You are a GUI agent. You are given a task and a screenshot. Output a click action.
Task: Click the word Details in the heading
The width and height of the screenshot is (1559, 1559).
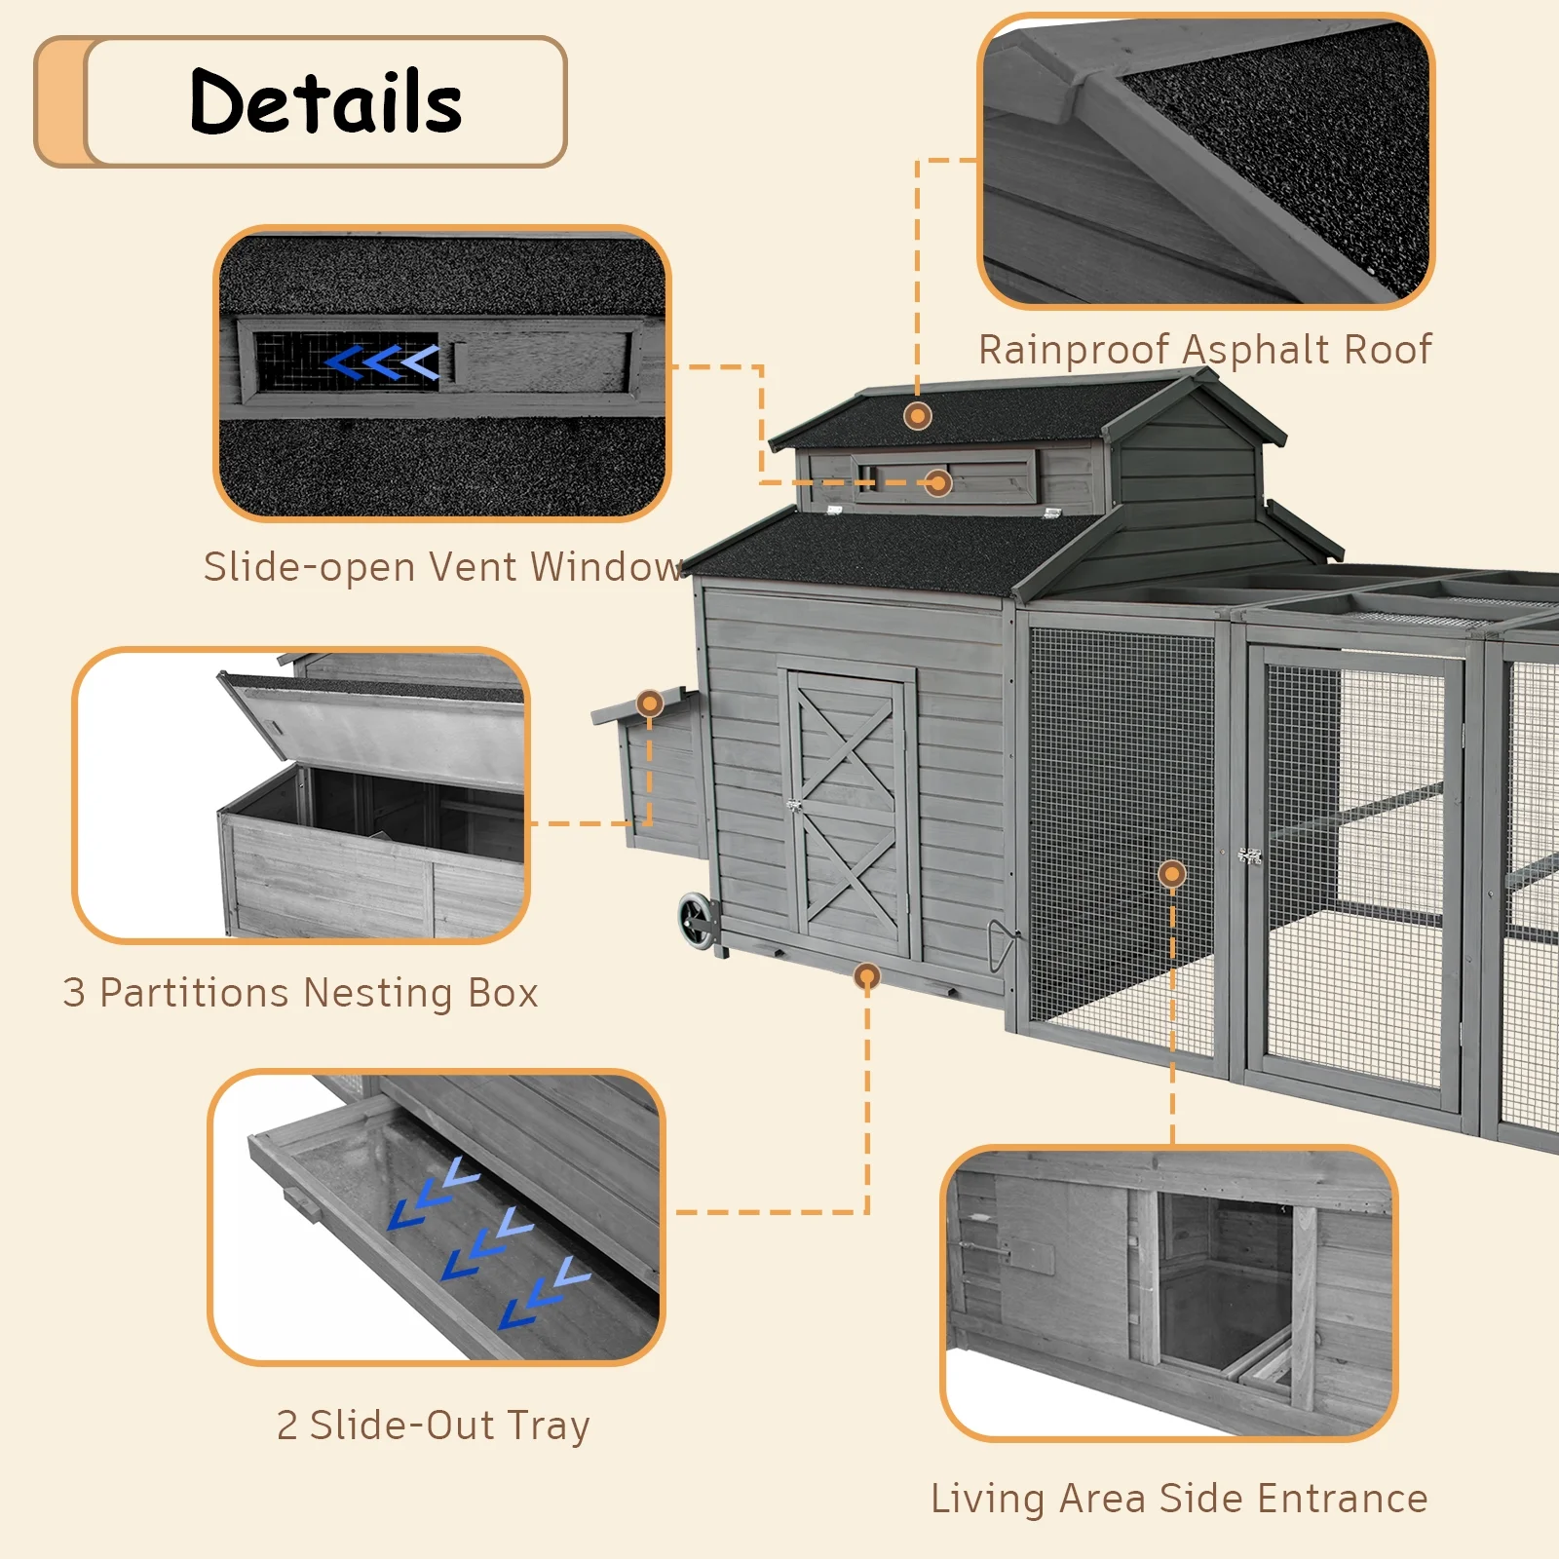(325, 101)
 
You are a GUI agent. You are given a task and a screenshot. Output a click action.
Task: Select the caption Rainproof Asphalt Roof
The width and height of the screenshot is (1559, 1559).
(1204, 350)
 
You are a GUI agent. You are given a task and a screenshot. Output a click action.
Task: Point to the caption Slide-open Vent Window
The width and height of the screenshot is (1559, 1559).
(443, 567)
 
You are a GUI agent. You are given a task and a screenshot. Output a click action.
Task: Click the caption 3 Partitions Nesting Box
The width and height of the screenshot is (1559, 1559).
(300, 993)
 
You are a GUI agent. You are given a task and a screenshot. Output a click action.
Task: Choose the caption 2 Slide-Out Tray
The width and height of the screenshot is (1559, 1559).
(433, 1426)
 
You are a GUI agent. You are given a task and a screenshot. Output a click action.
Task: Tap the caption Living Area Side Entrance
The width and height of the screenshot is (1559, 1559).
(1179, 1499)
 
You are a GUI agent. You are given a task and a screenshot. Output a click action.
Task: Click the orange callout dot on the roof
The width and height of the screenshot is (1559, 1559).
(917, 416)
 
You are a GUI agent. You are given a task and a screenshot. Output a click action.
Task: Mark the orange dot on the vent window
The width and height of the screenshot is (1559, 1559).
(937, 482)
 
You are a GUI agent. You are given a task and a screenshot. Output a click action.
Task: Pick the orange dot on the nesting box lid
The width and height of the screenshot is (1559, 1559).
(649, 703)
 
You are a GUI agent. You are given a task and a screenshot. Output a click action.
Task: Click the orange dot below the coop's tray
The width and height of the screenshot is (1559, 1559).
(866, 975)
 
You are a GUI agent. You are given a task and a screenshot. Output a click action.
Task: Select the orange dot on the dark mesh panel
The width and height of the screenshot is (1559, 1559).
(1171, 874)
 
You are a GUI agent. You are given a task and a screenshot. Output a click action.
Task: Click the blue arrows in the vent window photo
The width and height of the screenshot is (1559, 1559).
(382, 362)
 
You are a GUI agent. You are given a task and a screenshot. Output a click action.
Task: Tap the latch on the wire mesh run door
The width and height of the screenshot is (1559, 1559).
(1249, 856)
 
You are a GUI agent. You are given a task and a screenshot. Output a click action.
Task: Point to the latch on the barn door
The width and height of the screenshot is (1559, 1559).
(794, 806)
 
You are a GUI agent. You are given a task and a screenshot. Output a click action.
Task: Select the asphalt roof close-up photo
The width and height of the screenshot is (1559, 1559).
(1205, 161)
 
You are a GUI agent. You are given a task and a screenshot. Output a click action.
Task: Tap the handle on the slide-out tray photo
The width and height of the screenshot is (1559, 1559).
(303, 1204)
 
